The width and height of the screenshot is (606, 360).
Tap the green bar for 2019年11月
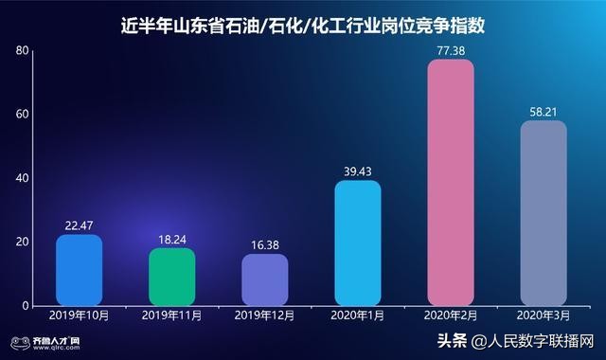coord(171,277)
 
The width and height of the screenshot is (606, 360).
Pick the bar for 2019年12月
coord(264,279)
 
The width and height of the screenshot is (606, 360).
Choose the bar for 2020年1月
coord(358,243)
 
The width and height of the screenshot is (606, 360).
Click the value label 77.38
coord(451,49)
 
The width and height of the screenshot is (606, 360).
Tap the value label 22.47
coord(79,225)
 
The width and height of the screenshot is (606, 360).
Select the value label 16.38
coord(264,243)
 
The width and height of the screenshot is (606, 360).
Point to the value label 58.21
coord(544,111)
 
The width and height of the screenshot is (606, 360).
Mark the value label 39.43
coord(358,171)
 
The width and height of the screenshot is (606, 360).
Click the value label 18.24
coord(171,238)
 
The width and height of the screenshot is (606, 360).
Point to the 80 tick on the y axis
coord(22,50)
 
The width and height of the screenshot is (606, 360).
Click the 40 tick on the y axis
coord(22,178)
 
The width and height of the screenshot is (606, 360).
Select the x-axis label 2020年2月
coord(451,315)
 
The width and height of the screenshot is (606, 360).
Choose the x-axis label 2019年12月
coord(264,315)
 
